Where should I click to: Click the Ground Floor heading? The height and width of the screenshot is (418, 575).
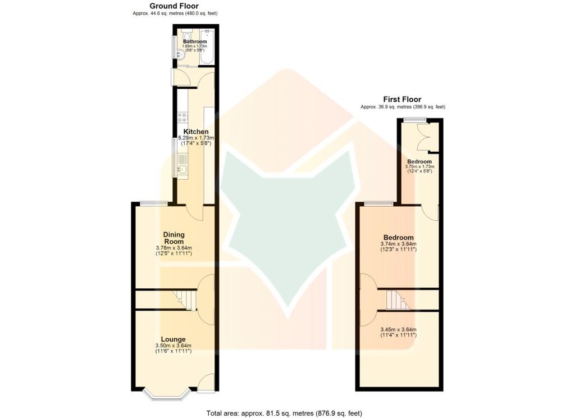(174, 6)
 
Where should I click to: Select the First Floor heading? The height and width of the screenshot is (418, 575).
(402, 99)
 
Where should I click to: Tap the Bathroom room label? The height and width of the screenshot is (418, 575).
(195, 42)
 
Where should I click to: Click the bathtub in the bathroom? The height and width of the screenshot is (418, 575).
(207, 44)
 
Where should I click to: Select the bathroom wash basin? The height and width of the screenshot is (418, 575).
(181, 54)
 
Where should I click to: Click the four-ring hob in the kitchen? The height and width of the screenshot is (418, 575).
(182, 117)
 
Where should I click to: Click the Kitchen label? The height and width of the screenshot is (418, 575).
(196, 132)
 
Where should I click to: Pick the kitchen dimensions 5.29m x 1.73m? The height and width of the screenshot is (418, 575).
(196, 138)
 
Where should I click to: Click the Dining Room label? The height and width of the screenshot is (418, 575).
(174, 238)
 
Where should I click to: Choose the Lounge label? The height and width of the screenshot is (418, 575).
(173, 339)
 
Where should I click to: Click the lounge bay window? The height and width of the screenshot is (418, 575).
(166, 394)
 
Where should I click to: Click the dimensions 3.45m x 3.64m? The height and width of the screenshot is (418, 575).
(398, 330)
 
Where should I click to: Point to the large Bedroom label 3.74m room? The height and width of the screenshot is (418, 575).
(399, 238)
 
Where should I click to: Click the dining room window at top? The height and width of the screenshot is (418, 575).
(153, 203)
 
